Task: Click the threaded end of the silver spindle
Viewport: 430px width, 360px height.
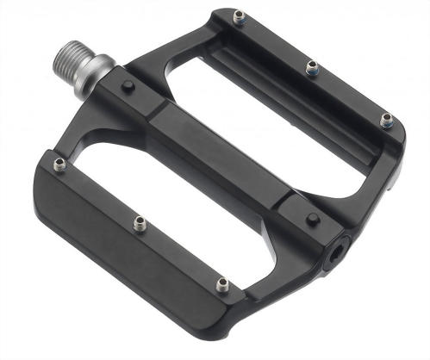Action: tap(74, 56)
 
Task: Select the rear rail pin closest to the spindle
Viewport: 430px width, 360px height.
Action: tap(237, 15)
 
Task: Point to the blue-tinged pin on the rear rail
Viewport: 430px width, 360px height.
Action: tap(387, 119)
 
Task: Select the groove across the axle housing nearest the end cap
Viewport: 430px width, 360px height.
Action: tap(284, 200)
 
